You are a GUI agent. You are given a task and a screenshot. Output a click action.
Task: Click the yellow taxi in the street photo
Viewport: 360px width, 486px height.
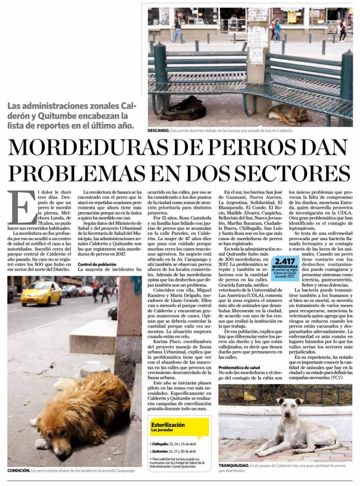coord(41,293)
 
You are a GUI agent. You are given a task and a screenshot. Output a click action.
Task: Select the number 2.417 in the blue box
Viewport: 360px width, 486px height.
coord(285,261)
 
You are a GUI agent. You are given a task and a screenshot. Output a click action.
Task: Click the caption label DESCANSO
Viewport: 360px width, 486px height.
coord(158,131)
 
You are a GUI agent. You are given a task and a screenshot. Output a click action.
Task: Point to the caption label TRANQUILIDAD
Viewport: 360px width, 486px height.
coord(233,467)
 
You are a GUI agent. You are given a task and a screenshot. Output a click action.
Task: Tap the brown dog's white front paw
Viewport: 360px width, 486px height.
coord(42,443)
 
